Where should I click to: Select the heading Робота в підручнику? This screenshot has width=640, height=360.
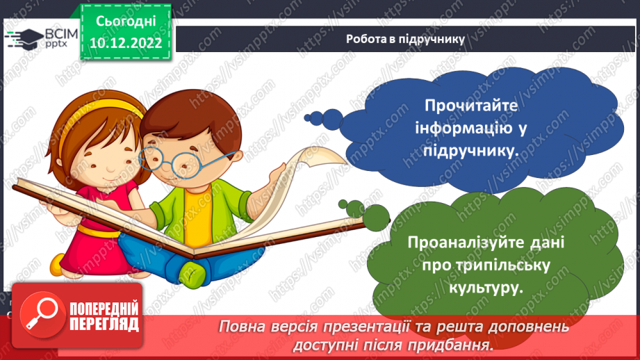pyautogui.click(x=405, y=39)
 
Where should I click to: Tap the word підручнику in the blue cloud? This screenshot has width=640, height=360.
pyautogui.click(x=475, y=152)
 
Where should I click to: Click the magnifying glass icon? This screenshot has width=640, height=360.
pyautogui.click(x=40, y=314)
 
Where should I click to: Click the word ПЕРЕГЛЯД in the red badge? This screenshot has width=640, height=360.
pyautogui.click(x=103, y=324)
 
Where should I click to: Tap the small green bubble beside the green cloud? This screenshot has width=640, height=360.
pyautogui.click(x=376, y=212)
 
